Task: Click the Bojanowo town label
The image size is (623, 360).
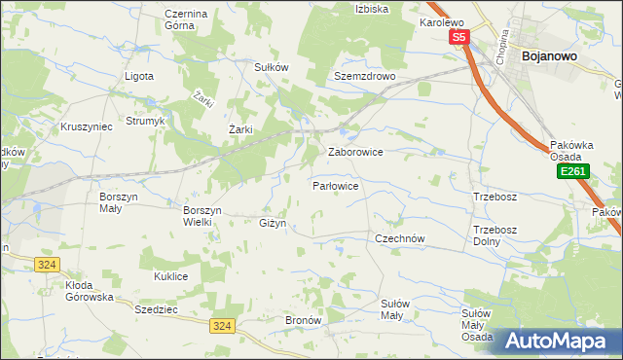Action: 551,56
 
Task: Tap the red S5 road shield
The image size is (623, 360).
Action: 459,38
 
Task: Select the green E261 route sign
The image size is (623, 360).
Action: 571,171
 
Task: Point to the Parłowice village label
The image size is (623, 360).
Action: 337,185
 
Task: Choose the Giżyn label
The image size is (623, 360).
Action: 273,223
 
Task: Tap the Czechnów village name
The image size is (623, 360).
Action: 401,237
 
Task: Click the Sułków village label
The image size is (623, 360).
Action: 272,67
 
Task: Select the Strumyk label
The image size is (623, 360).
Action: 146,125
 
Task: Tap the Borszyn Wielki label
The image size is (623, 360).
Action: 203,215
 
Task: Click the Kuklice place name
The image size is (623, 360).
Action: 170,276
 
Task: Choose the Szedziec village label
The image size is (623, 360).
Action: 156,306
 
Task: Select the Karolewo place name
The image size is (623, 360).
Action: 442,21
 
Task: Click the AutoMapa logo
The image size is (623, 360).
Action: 559,341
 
